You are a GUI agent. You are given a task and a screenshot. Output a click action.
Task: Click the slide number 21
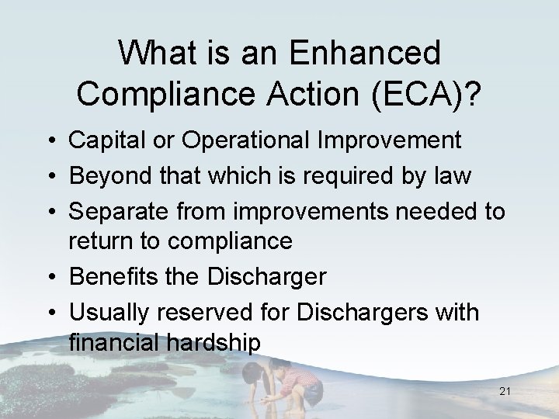(x=505, y=392)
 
